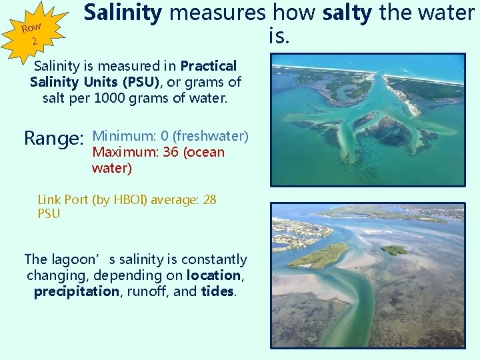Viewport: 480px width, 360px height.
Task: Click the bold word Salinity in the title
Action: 122,13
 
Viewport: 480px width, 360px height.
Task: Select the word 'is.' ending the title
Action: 279,37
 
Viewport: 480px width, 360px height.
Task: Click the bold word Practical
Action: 209,67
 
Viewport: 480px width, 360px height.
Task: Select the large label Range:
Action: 53,138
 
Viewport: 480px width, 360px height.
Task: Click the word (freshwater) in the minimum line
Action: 210,137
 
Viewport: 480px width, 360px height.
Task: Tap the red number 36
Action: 170,153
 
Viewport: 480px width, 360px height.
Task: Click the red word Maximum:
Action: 125,153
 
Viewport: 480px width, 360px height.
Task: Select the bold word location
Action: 214,275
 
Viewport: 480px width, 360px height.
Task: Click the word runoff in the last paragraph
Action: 151,291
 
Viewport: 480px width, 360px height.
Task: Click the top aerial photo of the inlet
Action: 367,120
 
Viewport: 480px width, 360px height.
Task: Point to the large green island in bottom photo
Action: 318,255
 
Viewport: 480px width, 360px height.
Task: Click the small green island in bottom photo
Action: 394,250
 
